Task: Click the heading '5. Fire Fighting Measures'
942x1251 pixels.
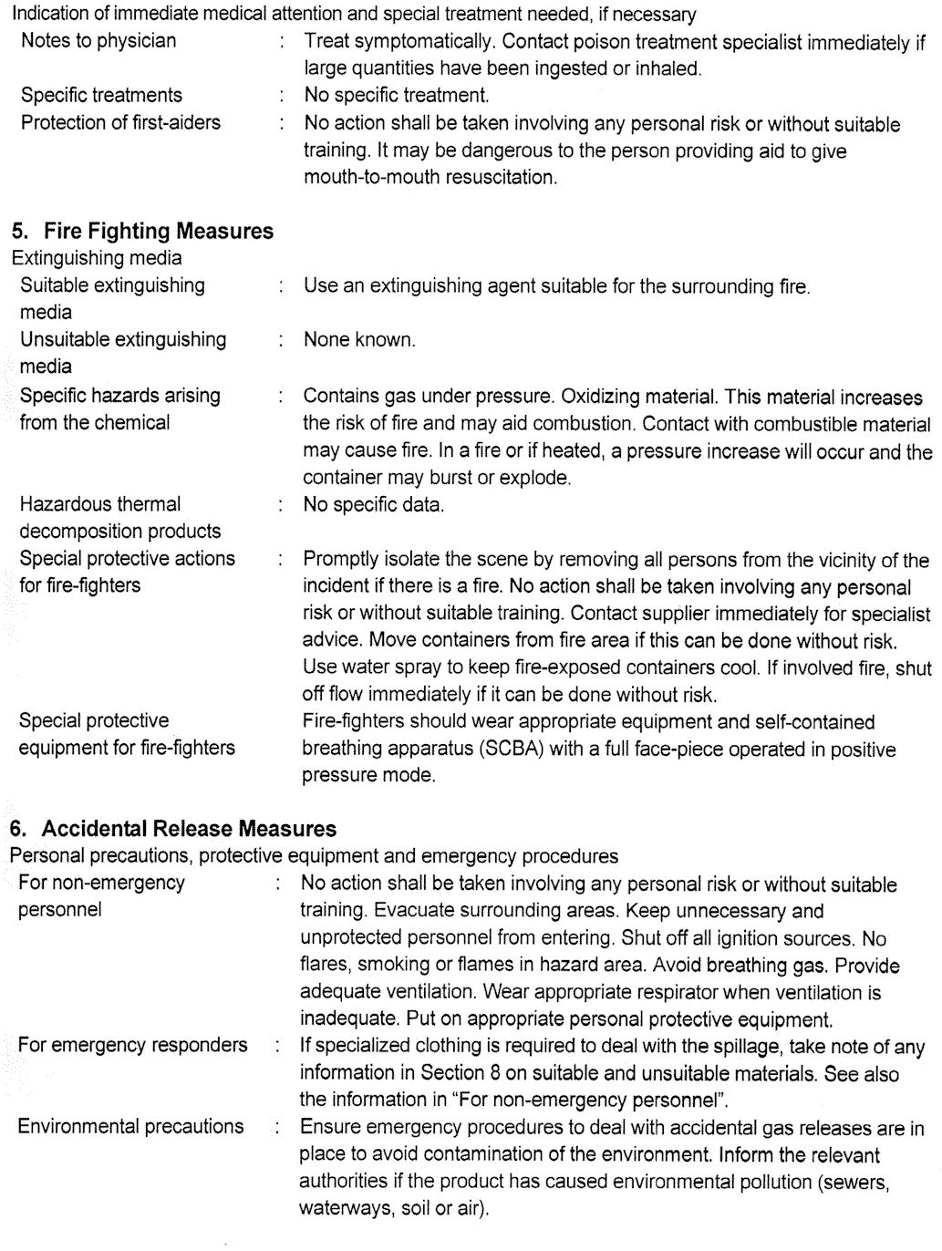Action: tap(141, 232)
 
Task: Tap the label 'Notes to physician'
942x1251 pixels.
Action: tap(98, 41)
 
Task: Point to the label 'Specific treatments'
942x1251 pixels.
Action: tap(101, 96)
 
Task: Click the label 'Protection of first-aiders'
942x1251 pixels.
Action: tap(120, 123)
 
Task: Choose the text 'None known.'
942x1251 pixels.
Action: tap(359, 341)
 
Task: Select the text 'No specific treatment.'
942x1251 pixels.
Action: tap(397, 96)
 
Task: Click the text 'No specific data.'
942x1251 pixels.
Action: tap(374, 504)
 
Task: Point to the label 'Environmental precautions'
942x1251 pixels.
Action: tap(130, 1127)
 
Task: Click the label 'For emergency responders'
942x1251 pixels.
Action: tap(132, 1046)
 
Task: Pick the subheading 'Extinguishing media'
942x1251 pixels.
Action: tap(96, 258)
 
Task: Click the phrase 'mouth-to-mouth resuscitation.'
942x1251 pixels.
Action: tap(430, 178)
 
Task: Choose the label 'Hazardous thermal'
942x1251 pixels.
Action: tap(100, 504)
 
